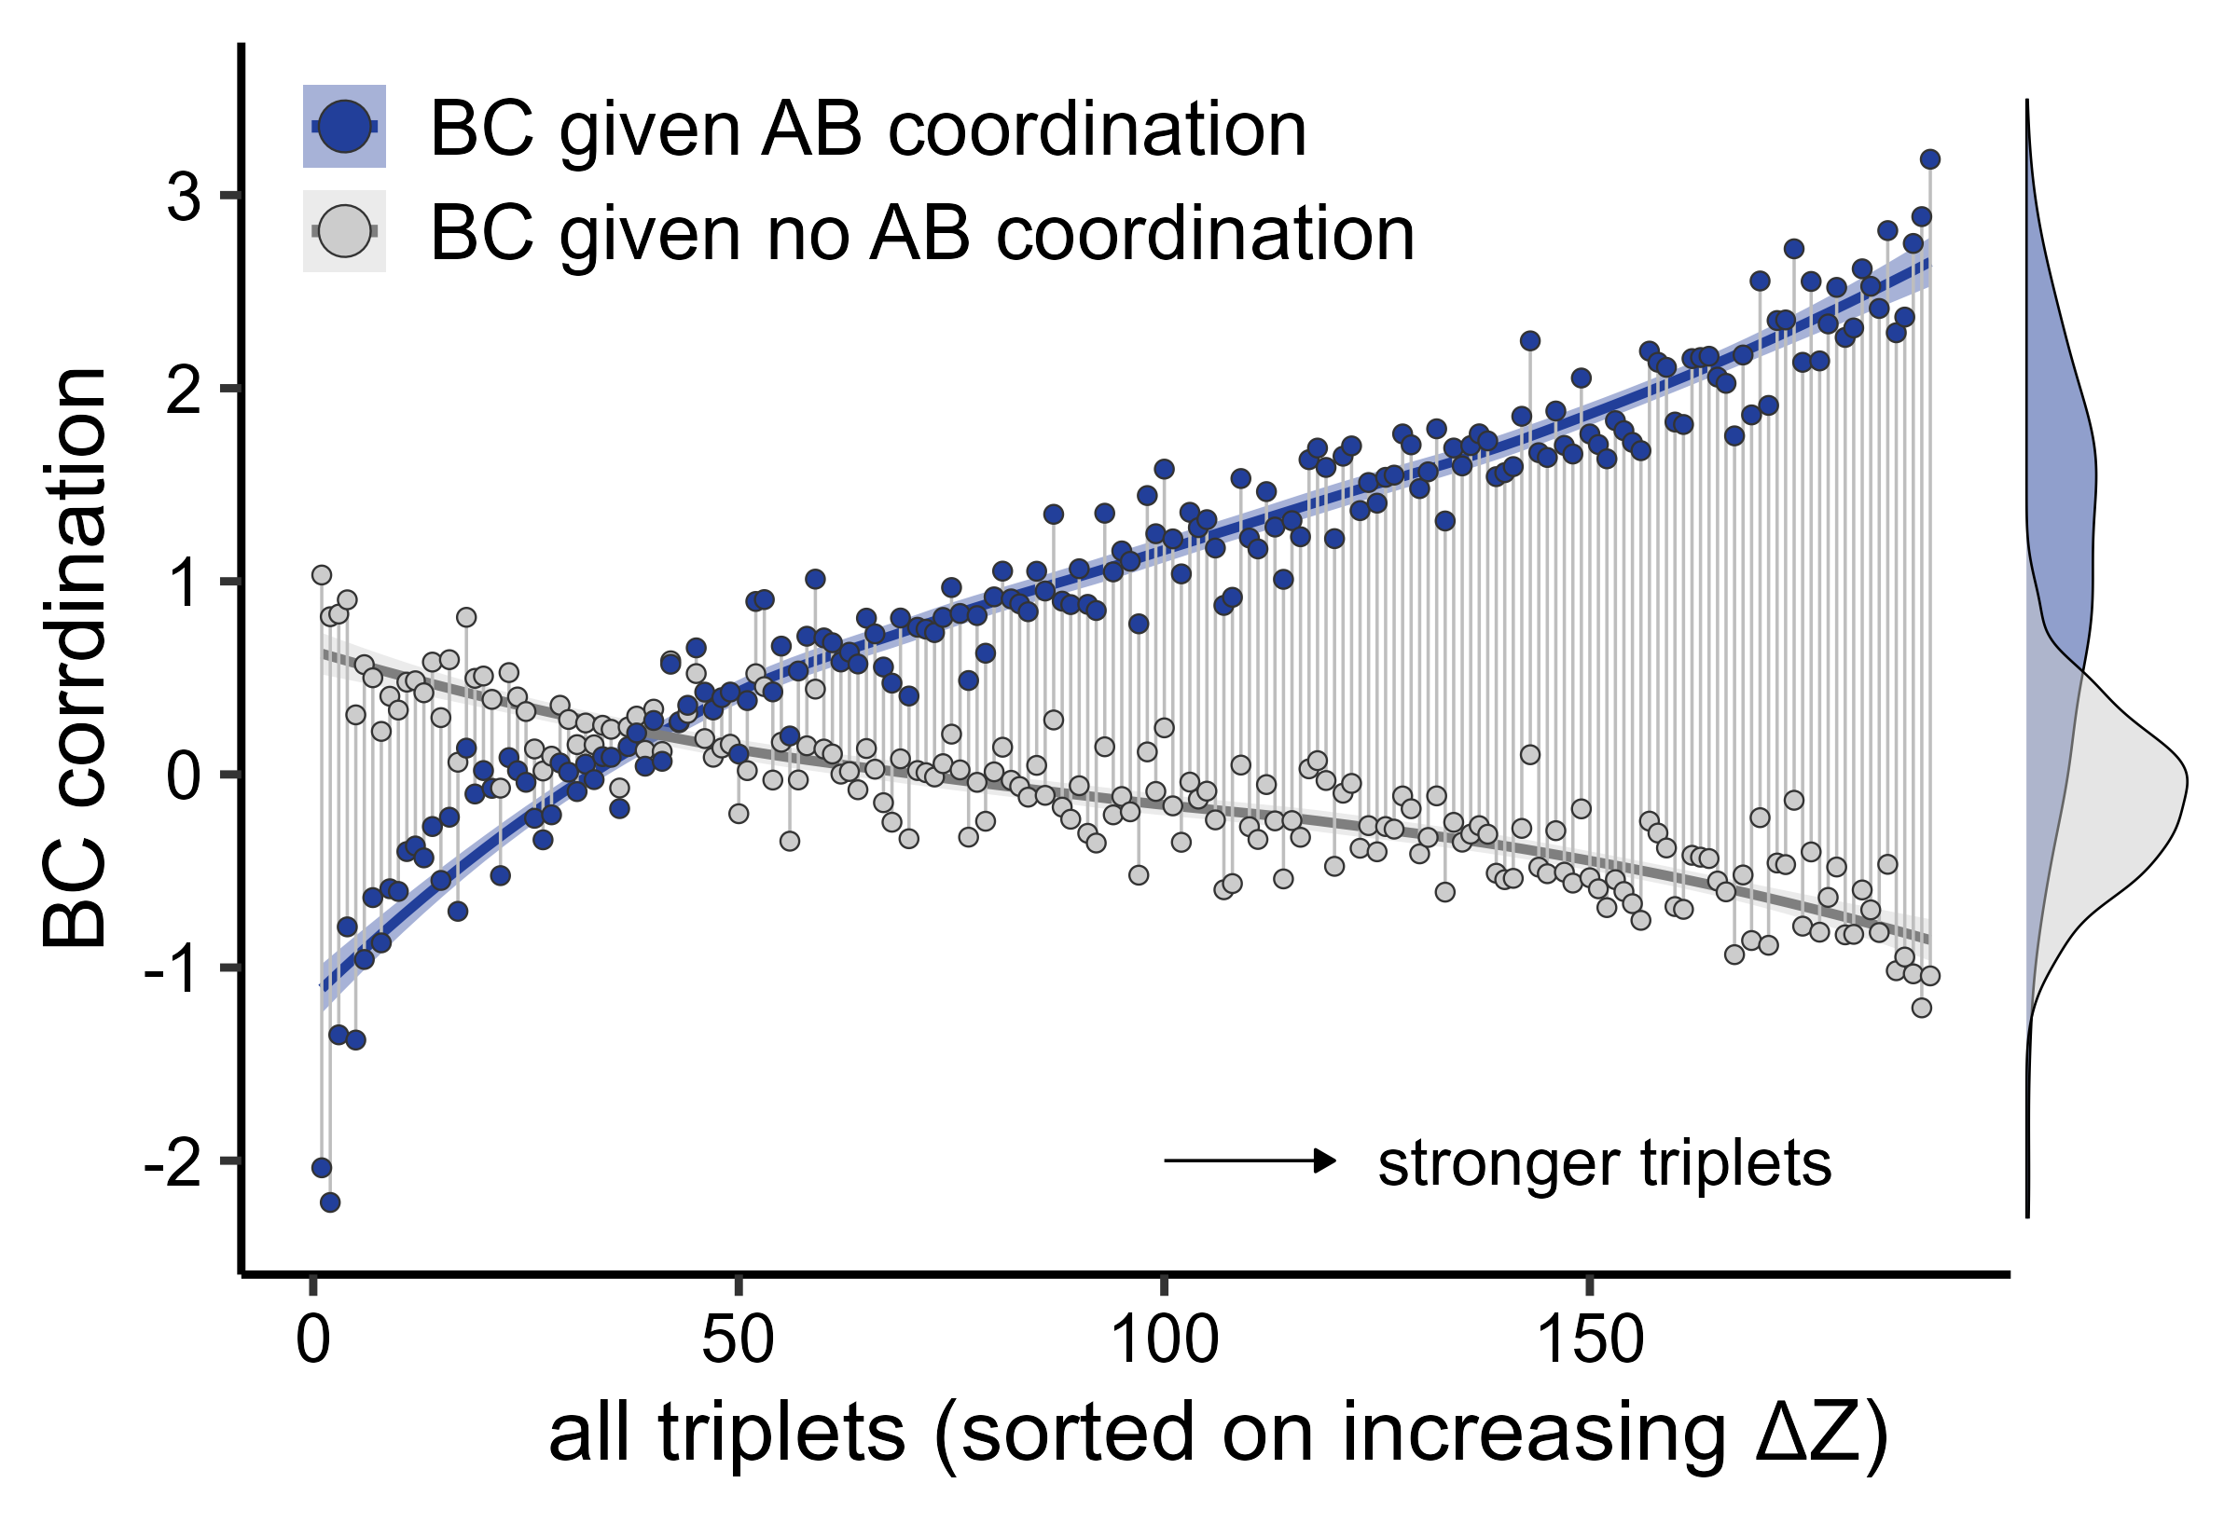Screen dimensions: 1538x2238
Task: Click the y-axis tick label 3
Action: point(183,199)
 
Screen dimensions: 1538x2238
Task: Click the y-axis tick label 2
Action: point(183,391)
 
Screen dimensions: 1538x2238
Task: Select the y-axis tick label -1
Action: point(172,970)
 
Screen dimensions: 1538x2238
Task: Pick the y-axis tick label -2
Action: point(172,1163)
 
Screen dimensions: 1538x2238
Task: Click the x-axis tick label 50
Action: point(738,1339)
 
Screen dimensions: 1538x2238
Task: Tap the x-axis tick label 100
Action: point(1165,1339)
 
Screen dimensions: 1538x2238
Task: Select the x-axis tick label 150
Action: point(1589,1339)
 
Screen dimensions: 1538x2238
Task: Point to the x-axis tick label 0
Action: point(313,1339)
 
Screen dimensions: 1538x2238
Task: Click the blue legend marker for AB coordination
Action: point(344,126)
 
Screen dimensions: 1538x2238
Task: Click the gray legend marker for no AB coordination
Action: point(344,231)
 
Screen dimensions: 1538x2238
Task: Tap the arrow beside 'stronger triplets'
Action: point(1250,1160)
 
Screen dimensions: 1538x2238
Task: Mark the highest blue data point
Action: point(1929,159)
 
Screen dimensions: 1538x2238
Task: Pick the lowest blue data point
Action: point(329,1202)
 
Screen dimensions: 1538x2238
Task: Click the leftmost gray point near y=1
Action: point(322,575)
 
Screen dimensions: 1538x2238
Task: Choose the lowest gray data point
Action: point(1921,1008)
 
